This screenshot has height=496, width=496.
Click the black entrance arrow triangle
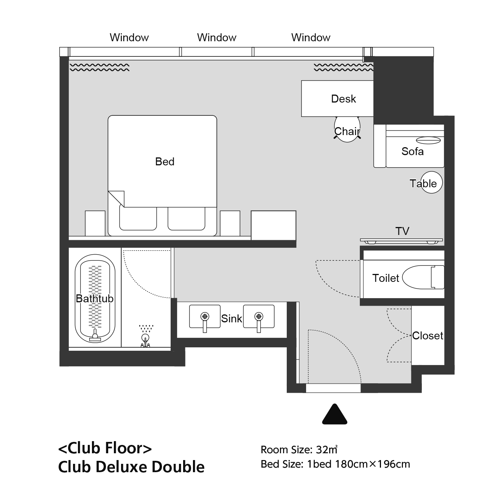[334, 415]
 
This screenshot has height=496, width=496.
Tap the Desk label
[344, 99]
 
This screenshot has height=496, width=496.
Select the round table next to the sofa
[431, 182]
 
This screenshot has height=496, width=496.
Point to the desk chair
[347, 129]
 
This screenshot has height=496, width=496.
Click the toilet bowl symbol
[423, 277]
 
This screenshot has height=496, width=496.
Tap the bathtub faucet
[95, 335]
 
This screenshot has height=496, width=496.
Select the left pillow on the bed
[138, 218]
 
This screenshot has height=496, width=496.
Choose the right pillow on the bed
[187, 218]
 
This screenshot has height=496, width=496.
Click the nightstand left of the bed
[95, 223]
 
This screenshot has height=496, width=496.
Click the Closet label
[428, 336]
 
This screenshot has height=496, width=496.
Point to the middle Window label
[217, 37]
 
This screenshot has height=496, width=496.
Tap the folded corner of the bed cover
[117, 199]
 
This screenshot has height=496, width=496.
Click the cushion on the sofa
[428, 140]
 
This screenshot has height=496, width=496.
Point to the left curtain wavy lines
[100, 67]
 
